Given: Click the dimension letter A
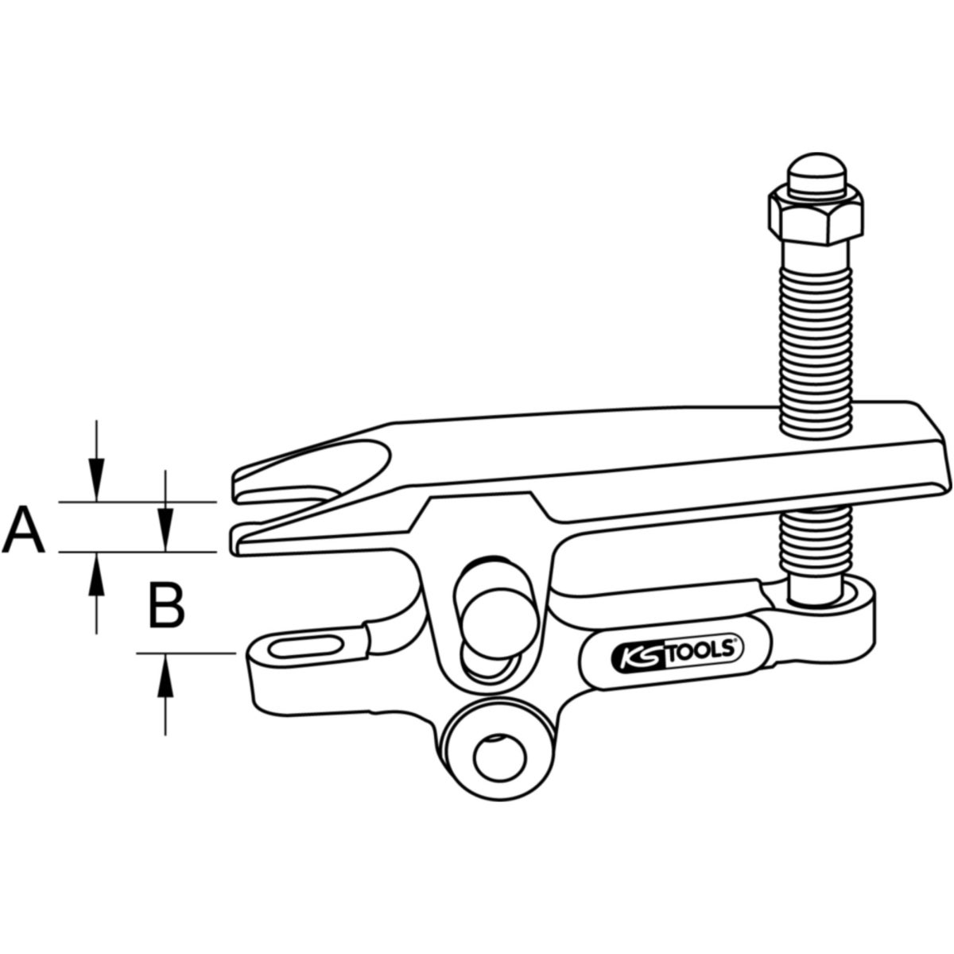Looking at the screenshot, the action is pos(23,529).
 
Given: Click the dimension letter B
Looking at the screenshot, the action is pos(167,606).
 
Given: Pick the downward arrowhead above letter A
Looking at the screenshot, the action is pos(96,480).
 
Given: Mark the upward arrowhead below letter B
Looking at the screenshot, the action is pos(165,675).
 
